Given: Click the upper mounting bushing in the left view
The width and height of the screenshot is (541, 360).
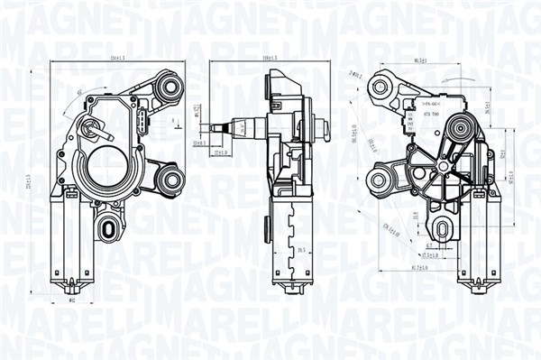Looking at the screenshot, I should pos(169,88).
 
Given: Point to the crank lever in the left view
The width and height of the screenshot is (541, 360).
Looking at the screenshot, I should pos(92,128).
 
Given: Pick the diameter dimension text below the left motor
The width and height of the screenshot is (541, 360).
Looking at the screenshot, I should pos(74,300).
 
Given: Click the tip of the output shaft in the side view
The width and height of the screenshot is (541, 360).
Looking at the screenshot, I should pos(213,128).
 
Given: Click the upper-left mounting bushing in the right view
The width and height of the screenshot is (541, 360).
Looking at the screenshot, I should pos(381,87).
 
